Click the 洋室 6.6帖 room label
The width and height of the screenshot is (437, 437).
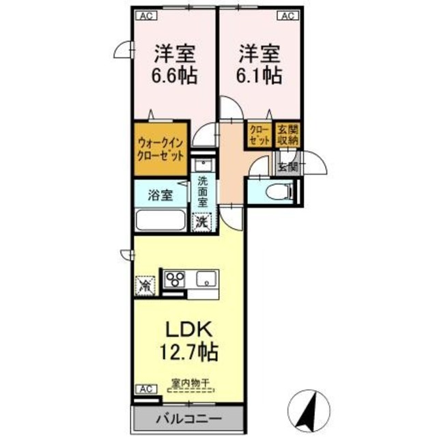175,64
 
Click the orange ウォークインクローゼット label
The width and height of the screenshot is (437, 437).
160,148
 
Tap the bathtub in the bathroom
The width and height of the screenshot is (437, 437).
160,221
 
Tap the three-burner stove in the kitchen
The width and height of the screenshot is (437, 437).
175,279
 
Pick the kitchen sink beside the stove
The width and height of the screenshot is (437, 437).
206,279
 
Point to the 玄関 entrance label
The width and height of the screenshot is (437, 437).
287,166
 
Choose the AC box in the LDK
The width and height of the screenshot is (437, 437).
144,389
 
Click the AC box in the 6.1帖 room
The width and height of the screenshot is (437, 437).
285,15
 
